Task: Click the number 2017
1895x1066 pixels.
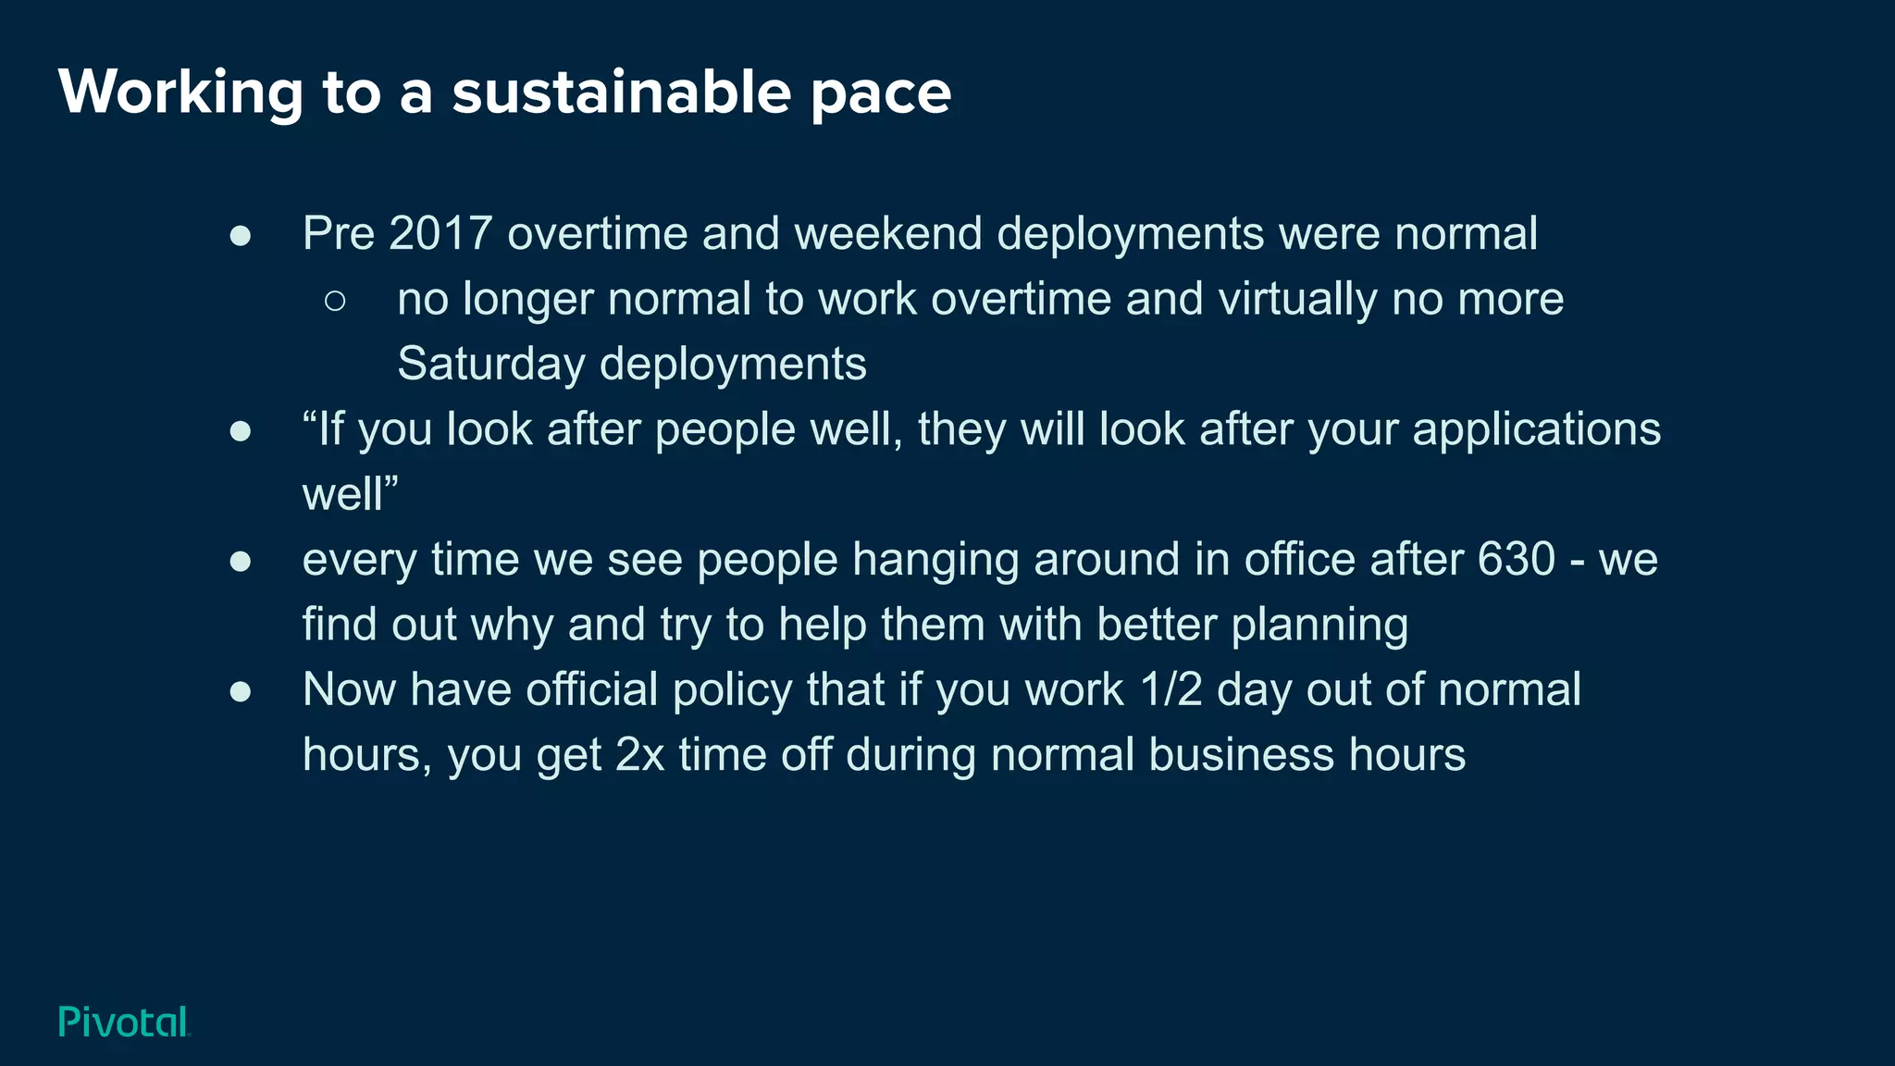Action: click(440, 233)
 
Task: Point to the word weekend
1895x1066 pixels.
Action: click(887, 233)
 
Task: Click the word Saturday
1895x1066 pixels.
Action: click(490, 364)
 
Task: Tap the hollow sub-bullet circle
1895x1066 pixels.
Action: click(335, 301)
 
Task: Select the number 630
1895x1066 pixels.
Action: click(1516, 559)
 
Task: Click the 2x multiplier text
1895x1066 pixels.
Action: click(639, 755)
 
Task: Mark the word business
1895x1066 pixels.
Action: click(1241, 755)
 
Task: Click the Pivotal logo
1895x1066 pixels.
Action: click(124, 1022)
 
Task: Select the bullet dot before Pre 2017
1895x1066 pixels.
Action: click(241, 236)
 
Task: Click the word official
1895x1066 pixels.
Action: click(591, 690)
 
